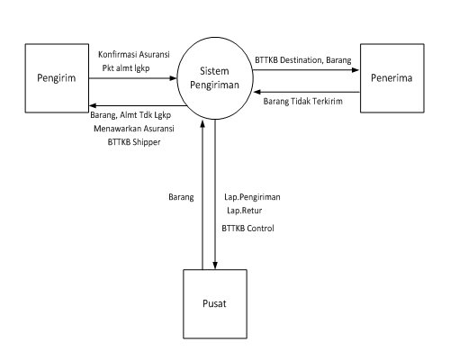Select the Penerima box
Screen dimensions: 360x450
click(392, 77)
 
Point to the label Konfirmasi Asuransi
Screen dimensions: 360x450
click(134, 53)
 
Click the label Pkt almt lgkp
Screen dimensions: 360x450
click(126, 67)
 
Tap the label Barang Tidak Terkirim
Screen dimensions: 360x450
click(304, 101)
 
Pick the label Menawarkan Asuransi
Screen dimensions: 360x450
click(135, 129)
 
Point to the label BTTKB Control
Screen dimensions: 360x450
click(247, 229)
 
